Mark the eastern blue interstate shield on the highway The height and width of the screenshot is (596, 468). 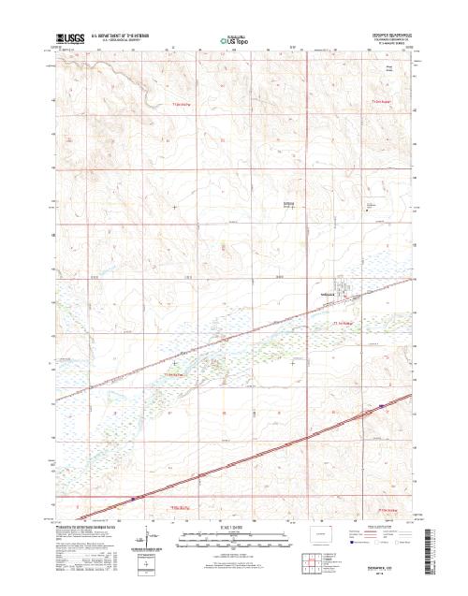pyautogui.click(x=381, y=405)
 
